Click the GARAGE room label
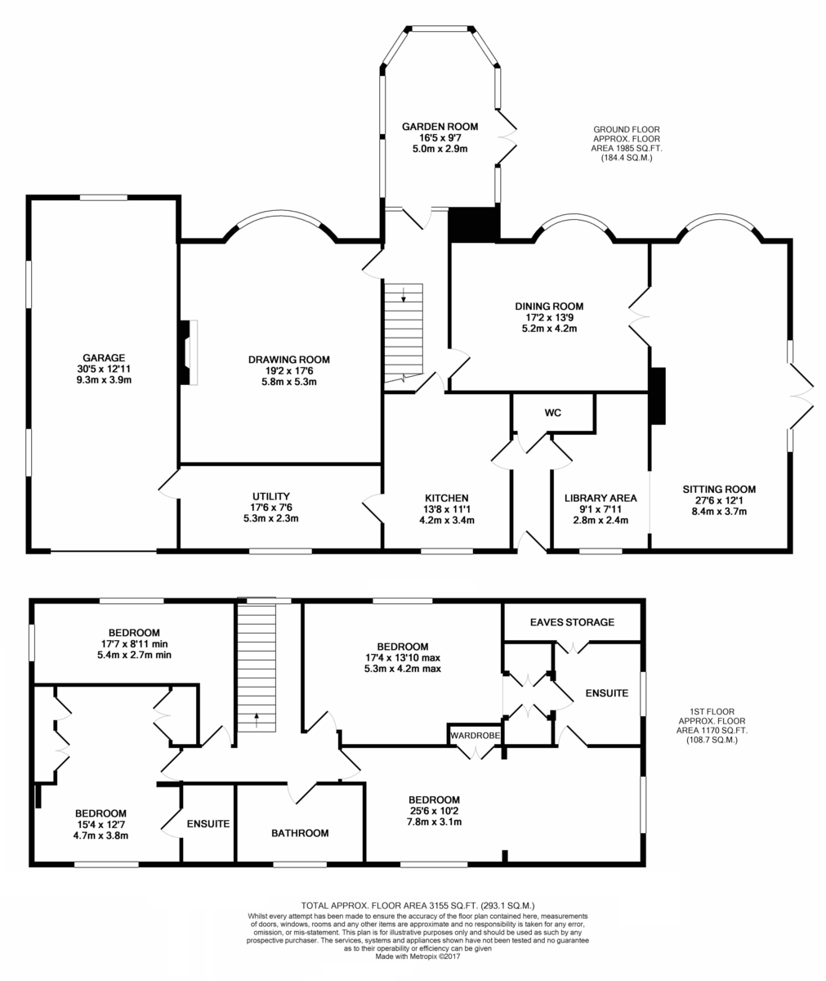[x=104, y=357]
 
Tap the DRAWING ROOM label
[x=288, y=360]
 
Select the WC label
[x=552, y=413]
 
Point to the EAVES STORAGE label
[x=572, y=622]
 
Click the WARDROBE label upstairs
[x=475, y=735]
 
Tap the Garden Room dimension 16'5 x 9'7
[x=440, y=137]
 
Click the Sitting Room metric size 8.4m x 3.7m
[x=719, y=511]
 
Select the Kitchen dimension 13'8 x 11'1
[x=447, y=508]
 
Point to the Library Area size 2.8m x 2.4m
[x=601, y=520]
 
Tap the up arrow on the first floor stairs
[x=257, y=719]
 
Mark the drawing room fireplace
[x=189, y=352]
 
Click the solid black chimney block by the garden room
[x=474, y=225]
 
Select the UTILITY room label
[x=271, y=496]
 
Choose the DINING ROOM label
[x=549, y=307]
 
